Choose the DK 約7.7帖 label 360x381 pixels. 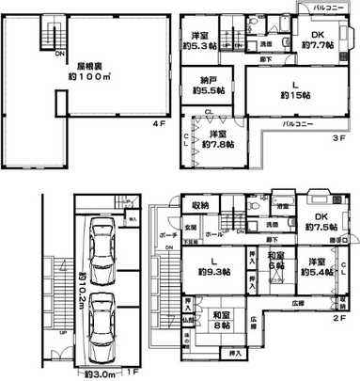coord(314,40)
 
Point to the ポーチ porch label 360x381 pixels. coord(168,234)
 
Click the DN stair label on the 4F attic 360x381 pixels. coord(58,54)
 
